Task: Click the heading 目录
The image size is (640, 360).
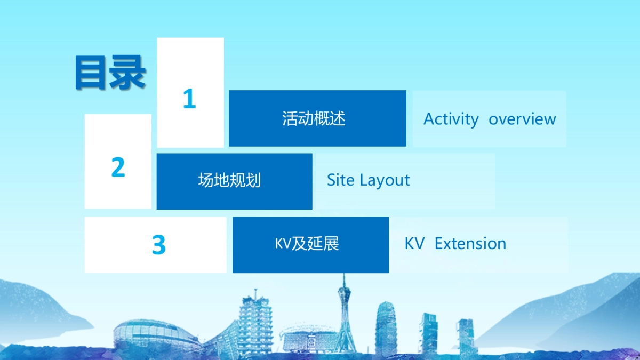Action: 110,73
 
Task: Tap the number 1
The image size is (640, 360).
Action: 189,99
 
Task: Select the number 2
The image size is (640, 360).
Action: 118,167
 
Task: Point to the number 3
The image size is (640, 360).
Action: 159,244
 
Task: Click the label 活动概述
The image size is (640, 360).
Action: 314,118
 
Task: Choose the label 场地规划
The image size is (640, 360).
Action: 229,180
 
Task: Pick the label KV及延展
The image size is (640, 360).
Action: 307,243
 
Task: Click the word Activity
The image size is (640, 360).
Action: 451,119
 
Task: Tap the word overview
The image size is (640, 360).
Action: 522,119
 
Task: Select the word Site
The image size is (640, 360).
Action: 341,180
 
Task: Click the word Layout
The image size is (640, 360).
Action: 385,181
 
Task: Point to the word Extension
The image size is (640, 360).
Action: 470,244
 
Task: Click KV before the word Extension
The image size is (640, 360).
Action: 414,244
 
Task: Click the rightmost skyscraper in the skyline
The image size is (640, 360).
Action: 466,335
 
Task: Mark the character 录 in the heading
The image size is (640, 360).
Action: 127,73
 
